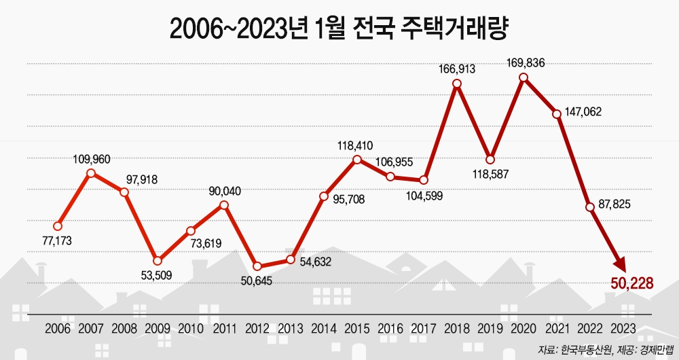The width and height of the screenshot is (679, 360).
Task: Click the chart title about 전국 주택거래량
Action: point(339,28)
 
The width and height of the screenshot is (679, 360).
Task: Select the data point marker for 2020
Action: point(524,77)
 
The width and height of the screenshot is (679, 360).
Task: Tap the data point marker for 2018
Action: point(457,84)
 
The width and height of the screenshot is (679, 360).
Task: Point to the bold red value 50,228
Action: point(631,283)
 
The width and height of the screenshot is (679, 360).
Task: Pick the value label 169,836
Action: point(526,63)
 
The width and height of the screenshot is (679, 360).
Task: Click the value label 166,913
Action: point(457,69)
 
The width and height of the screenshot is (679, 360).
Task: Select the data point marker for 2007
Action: point(91,173)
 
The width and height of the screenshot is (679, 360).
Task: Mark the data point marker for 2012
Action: point(257,266)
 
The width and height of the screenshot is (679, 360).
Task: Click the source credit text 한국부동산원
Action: point(585,350)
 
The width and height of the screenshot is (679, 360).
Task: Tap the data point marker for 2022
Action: point(590,206)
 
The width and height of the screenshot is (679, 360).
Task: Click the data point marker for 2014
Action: point(324,196)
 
